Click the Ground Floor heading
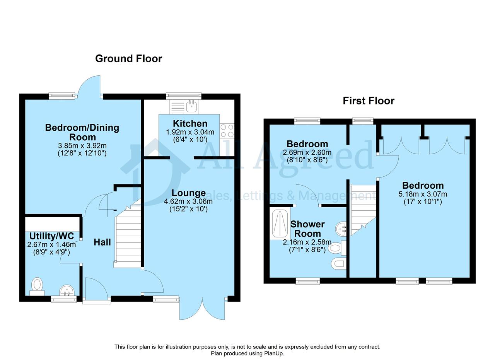coord(129,59)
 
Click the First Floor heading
coord(369,101)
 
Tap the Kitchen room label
coord(190,123)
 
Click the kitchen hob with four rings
coord(227,131)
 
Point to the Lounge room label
coord(188,193)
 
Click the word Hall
coord(102,242)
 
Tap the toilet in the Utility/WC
coord(37,287)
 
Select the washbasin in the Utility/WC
coord(67,290)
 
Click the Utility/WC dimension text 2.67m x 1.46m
coord(51,245)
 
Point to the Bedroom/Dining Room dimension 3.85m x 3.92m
coord(82,146)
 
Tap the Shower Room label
coord(307,229)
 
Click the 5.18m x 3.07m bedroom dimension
coord(423,194)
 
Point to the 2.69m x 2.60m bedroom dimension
coord(307,152)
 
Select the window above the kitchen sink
coord(184,96)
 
